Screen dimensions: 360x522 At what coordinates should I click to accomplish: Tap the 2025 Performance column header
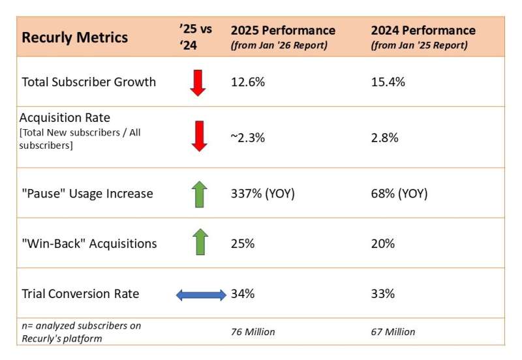pos(283,31)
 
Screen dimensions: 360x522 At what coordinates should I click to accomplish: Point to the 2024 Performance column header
pos(423,31)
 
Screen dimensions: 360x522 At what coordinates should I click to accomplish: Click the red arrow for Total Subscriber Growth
pos(198,82)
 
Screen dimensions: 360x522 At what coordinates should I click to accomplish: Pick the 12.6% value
pos(245,82)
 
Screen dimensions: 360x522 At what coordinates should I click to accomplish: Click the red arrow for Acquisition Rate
pos(198,136)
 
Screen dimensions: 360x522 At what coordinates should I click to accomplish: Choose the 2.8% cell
pos(384,138)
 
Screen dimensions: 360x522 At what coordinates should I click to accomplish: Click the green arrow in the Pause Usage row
pos(200,194)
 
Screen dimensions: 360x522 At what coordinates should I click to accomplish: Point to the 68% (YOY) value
pos(399,194)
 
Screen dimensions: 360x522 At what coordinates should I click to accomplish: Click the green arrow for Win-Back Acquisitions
pos(200,242)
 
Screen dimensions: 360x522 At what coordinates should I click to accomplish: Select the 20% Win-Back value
pos(382,243)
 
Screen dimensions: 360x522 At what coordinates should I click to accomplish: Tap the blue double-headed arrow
pos(201,295)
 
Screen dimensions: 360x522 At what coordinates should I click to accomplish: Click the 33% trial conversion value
pos(382,293)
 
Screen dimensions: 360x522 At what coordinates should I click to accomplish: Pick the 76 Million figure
pos(253,332)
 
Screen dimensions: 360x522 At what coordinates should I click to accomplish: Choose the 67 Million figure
pos(393,332)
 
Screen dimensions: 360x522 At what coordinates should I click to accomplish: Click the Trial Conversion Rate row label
pos(80,293)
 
